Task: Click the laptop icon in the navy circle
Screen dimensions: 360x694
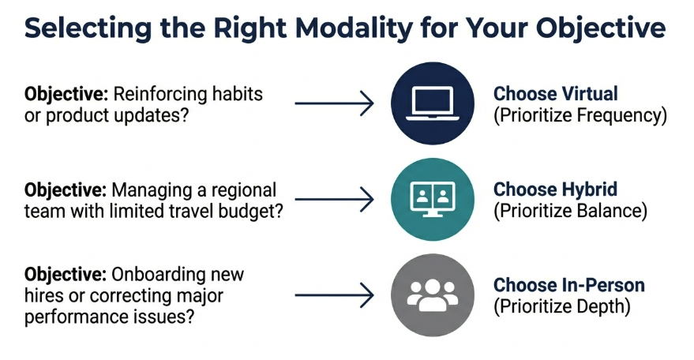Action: pos(433,104)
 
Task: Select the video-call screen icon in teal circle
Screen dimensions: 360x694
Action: pos(433,200)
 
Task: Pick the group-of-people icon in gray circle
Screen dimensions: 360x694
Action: pos(433,294)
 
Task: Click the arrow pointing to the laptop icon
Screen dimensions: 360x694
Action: pos(333,103)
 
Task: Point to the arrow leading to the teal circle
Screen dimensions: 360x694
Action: pos(333,200)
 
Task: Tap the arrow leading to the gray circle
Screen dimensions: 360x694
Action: pos(333,296)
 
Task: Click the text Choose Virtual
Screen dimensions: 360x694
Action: pos(556,93)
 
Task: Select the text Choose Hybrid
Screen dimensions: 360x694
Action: pos(555,189)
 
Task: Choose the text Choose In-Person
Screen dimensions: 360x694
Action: pos(569,285)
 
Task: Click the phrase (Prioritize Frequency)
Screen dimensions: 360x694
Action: pos(580,115)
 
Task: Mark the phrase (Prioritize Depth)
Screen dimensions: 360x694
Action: pos(561,307)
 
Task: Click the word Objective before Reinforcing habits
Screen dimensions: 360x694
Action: pos(66,94)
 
